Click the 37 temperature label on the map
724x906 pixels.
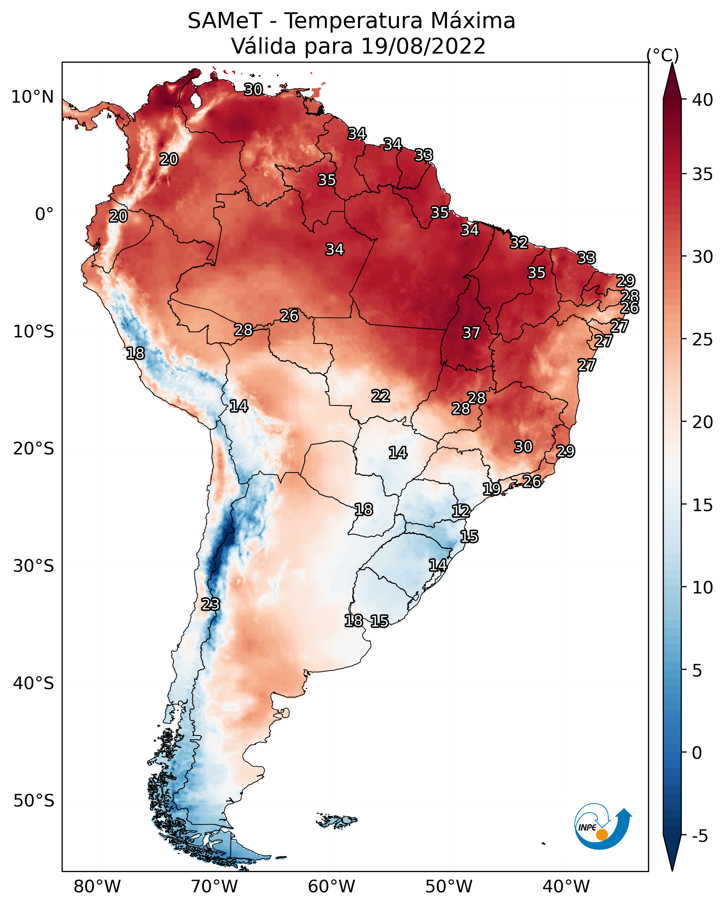(471, 333)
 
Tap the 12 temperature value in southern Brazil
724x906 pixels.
(461, 511)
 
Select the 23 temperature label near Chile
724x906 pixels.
(211, 604)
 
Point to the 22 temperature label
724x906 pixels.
(381, 396)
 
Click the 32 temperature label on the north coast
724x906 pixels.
(519, 242)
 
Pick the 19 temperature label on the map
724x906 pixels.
(492, 489)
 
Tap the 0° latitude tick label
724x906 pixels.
(44, 214)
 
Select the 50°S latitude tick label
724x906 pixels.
(34, 801)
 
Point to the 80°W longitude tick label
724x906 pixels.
(97, 887)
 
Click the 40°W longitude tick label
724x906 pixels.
(566, 887)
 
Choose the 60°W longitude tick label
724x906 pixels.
(332, 887)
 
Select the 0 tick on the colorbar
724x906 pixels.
(697, 753)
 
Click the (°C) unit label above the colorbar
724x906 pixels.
(663, 55)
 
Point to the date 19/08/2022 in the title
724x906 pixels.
(423, 46)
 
